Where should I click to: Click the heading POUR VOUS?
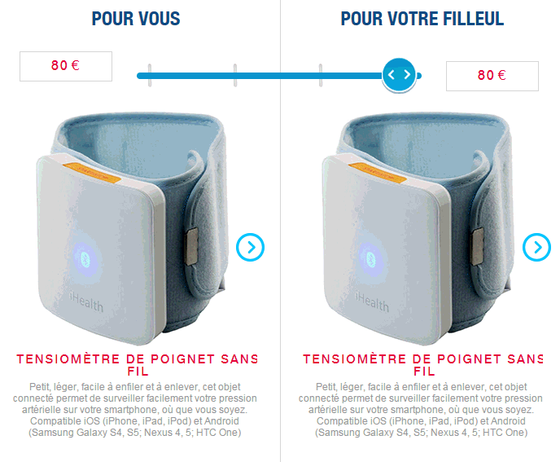pyautogui.click(x=136, y=19)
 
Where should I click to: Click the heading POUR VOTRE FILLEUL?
pyautogui.click(x=422, y=19)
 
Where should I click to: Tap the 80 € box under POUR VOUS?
pyautogui.click(x=66, y=66)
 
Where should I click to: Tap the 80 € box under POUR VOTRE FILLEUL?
pyautogui.click(x=492, y=76)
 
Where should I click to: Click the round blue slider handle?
pyautogui.click(x=399, y=75)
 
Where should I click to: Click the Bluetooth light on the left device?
pyautogui.click(x=85, y=259)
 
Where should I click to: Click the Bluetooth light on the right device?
pyautogui.click(x=371, y=259)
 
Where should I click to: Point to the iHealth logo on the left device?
pyautogui.click(x=86, y=302)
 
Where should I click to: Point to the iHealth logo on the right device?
pyautogui.click(x=372, y=302)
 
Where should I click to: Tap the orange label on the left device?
pyautogui.click(x=92, y=173)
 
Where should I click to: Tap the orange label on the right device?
pyautogui.click(x=377, y=173)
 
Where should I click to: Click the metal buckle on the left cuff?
pyautogui.click(x=192, y=246)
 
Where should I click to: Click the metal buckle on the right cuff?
pyautogui.click(x=478, y=246)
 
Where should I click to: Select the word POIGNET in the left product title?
pyautogui.click(x=182, y=359)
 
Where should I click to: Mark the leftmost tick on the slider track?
pyautogui.click(x=150, y=75)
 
